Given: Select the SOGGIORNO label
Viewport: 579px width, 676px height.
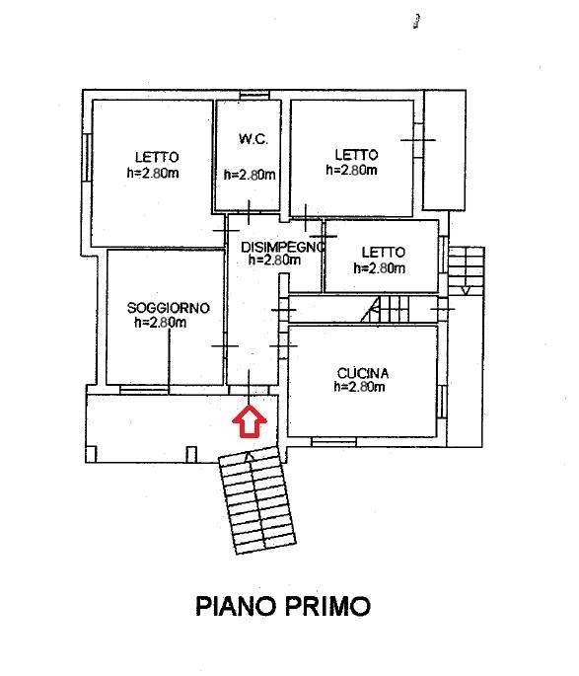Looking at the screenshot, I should point(169,308).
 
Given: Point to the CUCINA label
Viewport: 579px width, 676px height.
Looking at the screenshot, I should point(363,373).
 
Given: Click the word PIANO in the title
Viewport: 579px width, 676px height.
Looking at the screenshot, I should point(237,604).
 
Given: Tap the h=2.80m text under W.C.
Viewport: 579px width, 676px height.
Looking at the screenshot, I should point(250,175).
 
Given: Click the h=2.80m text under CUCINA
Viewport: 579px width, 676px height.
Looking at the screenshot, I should point(359,387).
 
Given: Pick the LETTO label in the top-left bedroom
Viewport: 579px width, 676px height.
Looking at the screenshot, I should point(157,157).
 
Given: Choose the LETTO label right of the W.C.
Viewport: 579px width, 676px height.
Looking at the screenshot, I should point(355,155).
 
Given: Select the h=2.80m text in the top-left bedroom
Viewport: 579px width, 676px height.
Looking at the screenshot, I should point(153,173).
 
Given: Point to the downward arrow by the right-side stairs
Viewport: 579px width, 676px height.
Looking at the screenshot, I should point(466,287).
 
